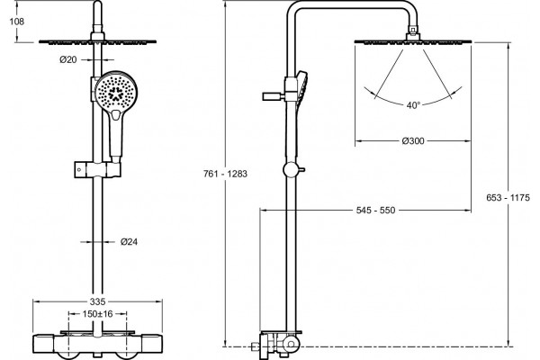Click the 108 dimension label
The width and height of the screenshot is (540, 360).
click(x=17, y=22)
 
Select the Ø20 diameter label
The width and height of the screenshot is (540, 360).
click(x=68, y=60)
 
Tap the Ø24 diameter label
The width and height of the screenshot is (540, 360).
click(x=129, y=242)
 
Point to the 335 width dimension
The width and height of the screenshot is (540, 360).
click(x=97, y=301)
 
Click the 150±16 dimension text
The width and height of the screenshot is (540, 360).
click(x=97, y=314)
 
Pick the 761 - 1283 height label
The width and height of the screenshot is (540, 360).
click(x=225, y=174)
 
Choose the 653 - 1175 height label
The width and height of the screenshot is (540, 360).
click(x=508, y=198)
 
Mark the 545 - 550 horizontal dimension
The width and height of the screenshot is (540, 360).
click(x=375, y=210)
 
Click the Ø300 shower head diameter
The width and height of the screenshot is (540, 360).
click(x=413, y=141)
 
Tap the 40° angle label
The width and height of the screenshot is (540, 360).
click(x=413, y=105)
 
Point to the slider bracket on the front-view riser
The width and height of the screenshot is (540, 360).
click(x=97, y=170)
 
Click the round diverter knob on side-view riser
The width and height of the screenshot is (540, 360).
click(x=291, y=169)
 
